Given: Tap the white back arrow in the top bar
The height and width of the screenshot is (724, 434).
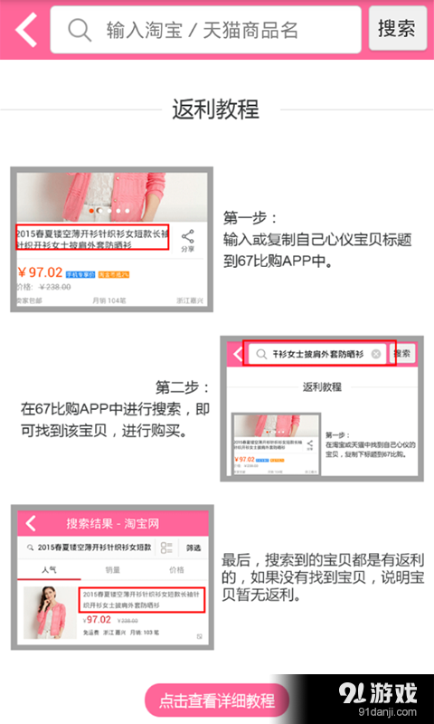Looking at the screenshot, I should [26, 30].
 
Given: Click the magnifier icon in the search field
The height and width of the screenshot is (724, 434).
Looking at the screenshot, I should [80, 30].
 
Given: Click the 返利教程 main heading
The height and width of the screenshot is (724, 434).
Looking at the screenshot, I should [216, 110].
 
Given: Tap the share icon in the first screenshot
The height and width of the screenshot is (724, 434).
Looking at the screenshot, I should [187, 238].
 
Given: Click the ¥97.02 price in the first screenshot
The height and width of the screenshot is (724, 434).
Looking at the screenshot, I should [40, 271].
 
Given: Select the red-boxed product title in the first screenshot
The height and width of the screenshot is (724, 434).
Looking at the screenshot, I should [92, 238].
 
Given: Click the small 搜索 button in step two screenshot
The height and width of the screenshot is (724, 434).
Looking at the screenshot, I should [402, 354].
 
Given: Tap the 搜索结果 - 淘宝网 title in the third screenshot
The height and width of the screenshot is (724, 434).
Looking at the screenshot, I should [113, 523].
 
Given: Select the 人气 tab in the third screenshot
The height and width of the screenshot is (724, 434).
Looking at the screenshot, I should [49, 571].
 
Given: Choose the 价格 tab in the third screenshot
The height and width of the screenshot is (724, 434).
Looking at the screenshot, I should [176, 571].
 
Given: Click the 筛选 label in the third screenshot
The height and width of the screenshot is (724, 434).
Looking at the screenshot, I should [193, 548].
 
